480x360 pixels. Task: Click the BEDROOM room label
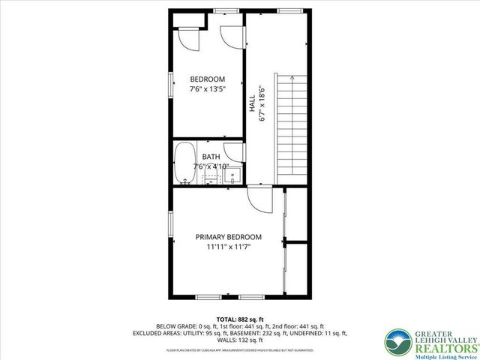pos(207,79)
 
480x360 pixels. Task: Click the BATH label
pos(211,157)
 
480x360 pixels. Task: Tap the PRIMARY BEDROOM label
pos(229,236)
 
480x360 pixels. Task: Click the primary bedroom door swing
pos(256,199)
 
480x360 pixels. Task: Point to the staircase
pos(293,127)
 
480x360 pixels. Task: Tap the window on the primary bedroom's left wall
pos(170,225)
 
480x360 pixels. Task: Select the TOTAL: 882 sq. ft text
pos(239,319)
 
